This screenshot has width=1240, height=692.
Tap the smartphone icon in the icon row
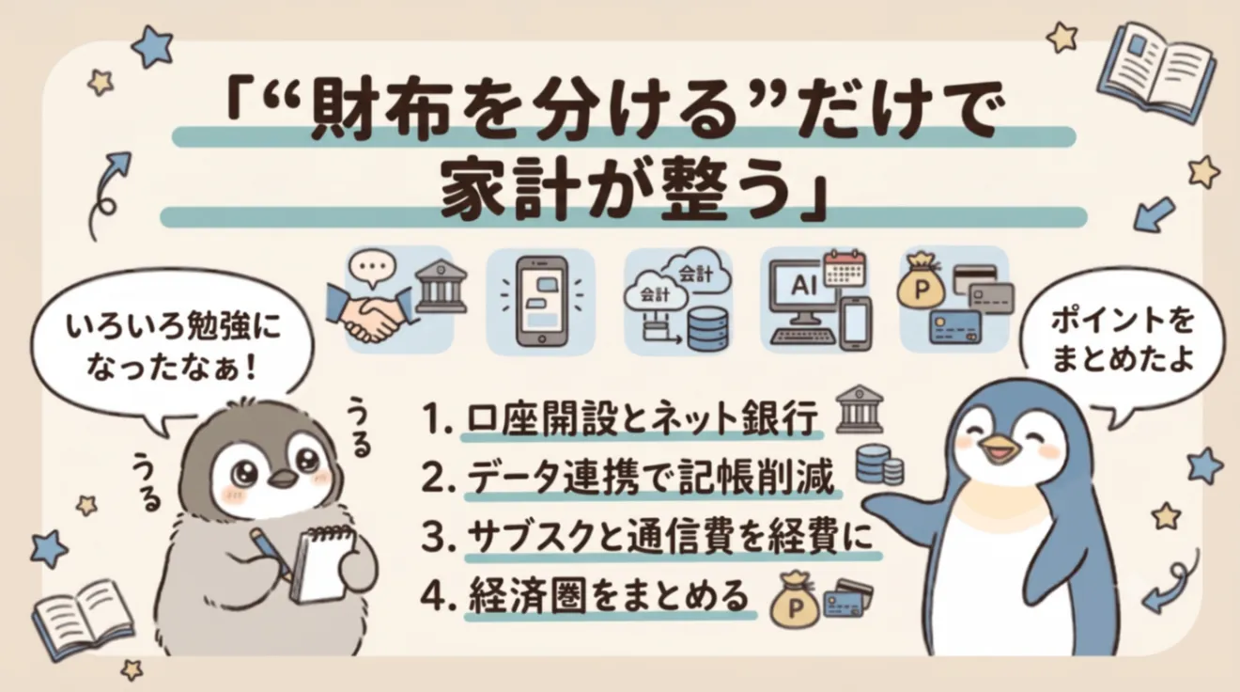[542, 301]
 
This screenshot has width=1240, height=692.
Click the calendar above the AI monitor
[844, 269]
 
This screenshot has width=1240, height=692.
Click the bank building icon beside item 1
[859, 409]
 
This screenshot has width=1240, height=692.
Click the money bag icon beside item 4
[795, 601]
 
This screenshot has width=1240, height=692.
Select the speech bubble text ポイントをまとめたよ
[1122, 340]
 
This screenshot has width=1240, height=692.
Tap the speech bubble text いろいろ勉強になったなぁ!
[173, 347]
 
